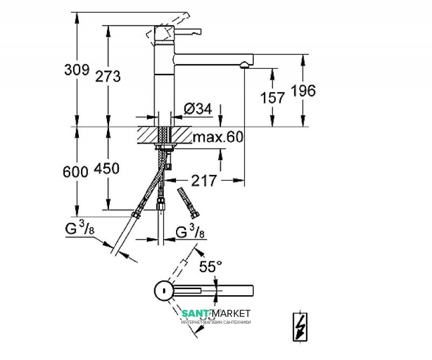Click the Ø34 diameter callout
197,109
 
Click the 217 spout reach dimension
205,180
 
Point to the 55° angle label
211,266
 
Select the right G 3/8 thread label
190,232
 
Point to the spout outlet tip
244,65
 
